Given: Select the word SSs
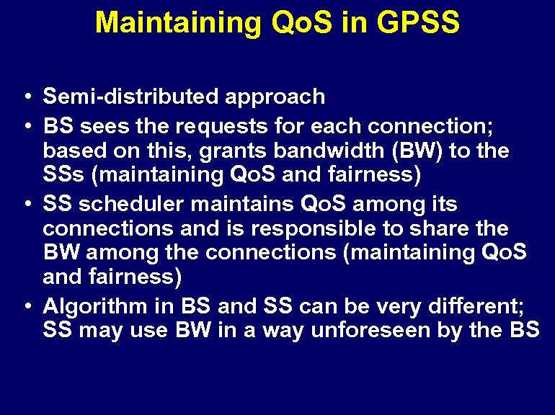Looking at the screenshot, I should tap(62, 175).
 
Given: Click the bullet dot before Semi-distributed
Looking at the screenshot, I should tap(27, 97).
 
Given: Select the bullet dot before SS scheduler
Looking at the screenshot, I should tap(27, 205).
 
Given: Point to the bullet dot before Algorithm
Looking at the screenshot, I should tap(27, 306).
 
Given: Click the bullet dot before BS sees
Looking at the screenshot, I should tap(27, 128).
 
